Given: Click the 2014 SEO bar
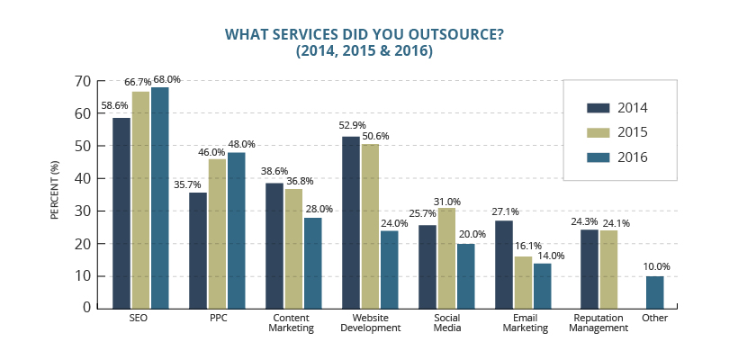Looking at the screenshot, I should (x=121, y=212).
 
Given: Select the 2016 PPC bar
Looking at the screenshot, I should (x=236, y=229).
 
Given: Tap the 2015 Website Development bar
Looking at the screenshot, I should (x=370, y=225).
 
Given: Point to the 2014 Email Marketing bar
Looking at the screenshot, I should (x=505, y=264).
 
